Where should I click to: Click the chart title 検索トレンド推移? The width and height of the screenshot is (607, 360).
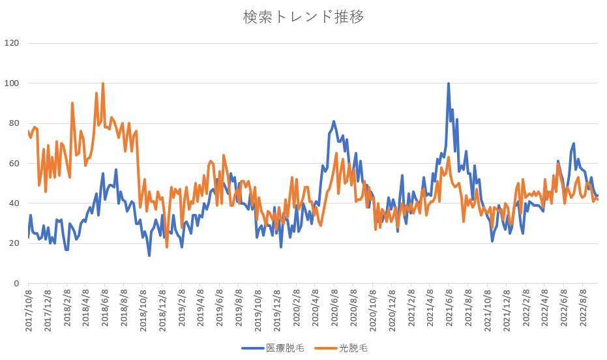[x=303, y=17]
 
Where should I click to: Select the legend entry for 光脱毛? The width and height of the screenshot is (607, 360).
[x=354, y=348]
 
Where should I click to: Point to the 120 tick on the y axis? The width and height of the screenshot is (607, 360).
[x=13, y=43]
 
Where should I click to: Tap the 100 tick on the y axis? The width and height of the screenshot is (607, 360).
[x=13, y=83]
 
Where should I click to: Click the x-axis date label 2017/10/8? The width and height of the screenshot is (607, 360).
[x=29, y=310]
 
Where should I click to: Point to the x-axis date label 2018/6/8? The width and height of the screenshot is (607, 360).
[x=105, y=310]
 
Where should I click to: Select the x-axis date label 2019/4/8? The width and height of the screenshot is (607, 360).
[x=201, y=310]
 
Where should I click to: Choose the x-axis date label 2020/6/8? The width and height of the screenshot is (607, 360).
[x=334, y=310]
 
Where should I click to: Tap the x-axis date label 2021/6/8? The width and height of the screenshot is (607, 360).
[x=449, y=310]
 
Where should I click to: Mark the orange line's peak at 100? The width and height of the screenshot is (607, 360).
[x=103, y=84]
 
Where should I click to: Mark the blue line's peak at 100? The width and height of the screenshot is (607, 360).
[x=449, y=84]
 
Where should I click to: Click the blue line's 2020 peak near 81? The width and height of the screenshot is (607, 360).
[x=334, y=121]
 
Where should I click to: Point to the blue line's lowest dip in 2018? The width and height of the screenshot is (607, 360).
[x=149, y=255]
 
